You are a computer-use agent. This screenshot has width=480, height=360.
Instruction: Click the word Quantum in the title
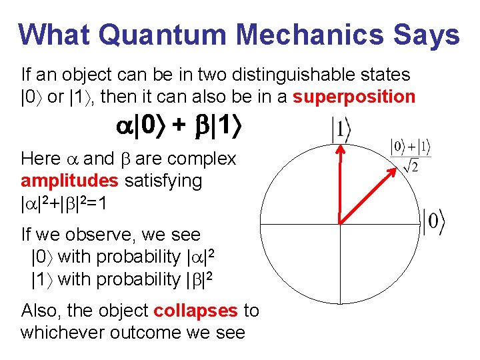(147, 35)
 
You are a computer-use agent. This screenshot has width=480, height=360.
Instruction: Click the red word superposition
(354, 97)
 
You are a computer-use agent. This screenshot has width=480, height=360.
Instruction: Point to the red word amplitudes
(69, 180)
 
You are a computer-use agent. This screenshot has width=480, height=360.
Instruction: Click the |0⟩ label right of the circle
(433, 222)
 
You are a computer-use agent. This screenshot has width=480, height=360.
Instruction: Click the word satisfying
(163, 180)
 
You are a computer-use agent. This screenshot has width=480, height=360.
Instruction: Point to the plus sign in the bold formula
(179, 127)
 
